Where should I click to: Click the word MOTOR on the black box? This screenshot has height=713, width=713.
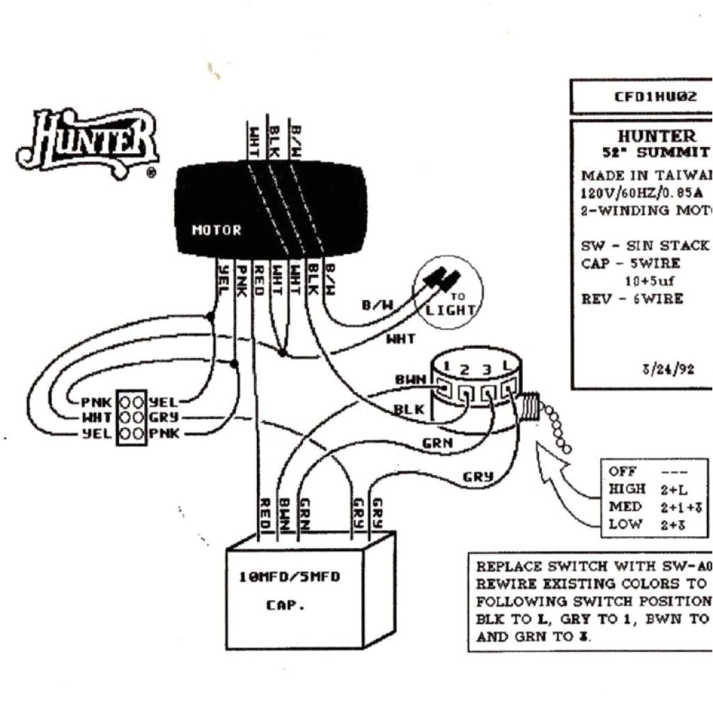coord(217,230)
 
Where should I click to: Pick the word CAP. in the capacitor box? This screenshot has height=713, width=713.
coord(285,605)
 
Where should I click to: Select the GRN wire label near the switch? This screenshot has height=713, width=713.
coord(437,442)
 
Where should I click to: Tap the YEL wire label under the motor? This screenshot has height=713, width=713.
coord(223,279)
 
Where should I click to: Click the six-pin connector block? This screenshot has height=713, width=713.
coord(131,418)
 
